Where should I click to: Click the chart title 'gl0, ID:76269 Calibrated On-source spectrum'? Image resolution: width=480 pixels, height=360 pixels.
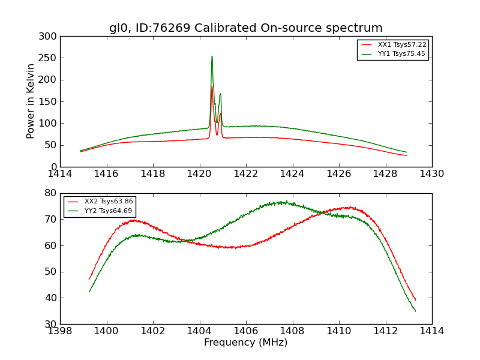tap(245, 28)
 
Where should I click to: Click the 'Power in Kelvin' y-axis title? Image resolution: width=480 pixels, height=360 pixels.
tap(31, 101)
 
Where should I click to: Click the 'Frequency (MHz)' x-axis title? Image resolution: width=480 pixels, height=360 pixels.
tap(245, 343)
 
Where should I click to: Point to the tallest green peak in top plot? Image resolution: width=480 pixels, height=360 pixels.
tap(212, 56)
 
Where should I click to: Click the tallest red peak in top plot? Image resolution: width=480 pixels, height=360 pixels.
tap(212, 86)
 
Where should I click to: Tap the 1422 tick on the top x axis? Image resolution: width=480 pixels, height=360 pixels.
tap(246, 173)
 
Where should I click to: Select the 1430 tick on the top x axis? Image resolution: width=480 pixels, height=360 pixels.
tap(432, 173)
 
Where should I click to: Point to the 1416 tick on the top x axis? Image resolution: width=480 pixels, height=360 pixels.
tap(107, 173)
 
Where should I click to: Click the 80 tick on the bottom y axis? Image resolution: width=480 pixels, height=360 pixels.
tap(52, 193)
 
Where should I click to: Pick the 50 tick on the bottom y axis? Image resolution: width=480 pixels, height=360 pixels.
tap(52, 272)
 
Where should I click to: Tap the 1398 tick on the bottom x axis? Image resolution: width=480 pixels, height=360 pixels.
tap(60, 331)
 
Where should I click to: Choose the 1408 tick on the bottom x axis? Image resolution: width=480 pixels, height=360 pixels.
tap(292, 331)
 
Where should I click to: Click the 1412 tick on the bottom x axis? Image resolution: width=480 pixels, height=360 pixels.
tap(385, 331)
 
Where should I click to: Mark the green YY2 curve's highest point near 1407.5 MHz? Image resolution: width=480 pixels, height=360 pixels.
tap(286, 202)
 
